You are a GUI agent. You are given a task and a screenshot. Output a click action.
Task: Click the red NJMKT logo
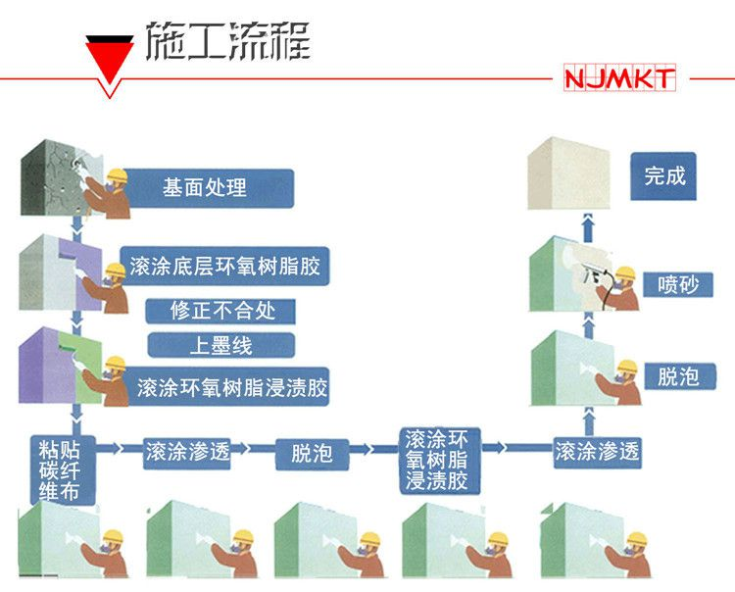(x=619, y=79)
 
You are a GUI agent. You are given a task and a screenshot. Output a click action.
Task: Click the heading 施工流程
(x=227, y=42)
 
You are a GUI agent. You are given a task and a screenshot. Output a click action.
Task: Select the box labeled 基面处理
(x=205, y=187)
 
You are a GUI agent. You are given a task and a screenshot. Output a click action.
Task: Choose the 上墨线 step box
(x=220, y=345)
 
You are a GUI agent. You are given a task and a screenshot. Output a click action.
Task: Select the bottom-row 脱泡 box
(x=312, y=453)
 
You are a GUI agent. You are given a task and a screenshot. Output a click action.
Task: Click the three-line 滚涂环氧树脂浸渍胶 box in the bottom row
(x=443, y=459)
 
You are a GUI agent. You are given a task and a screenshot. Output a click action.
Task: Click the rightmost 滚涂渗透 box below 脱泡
(x=597, y=451)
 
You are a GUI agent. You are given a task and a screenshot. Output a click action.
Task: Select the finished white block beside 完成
(x=568, y=174)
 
